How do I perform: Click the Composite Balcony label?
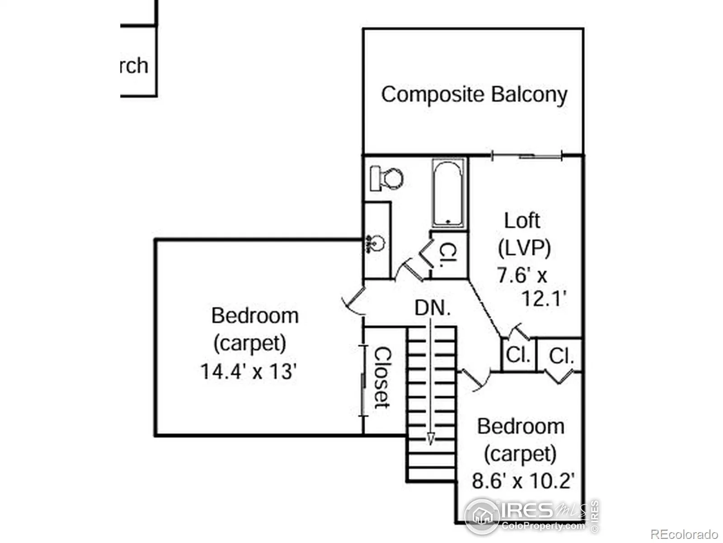pos(474,95)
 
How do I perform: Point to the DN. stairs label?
pos(432,308)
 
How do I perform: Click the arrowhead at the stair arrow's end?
pos(431,439)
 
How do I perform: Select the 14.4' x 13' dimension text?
pos(248,372)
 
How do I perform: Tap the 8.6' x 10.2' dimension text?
pos(523,481)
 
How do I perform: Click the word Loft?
pos(522,221)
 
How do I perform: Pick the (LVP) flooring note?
pos(524,248)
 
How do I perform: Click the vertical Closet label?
pos(382,378)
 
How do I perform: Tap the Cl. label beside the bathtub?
pos(448,255)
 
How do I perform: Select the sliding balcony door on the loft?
pos(526,156)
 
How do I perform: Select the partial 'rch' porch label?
pos(134,66)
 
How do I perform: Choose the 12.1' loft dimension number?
pos(544,299)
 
